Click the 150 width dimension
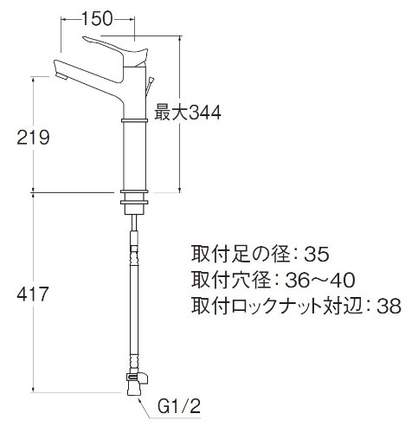coord(97,19)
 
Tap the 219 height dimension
coord(33,138)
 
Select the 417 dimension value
coord(33,294)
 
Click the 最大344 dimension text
coord(188,113)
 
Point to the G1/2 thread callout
coord(179,407)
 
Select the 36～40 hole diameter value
coord(319,280)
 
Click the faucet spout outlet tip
coord(61,76)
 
